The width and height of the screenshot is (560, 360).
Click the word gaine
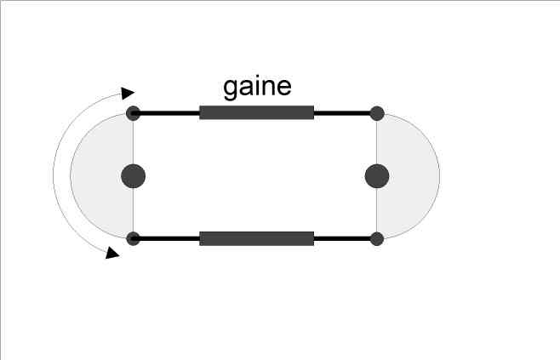pyautogui.click(x=257, y=88)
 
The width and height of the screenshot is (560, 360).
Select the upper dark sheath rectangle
pyautogui.click(x=256, y=112)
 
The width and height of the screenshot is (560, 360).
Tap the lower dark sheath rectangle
pyautogui.click(x=256, y=238)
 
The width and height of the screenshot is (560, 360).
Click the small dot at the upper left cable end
pyautogui.click(x=133, y=112)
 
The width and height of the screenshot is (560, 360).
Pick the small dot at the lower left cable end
pyautogui.click(x=133, y=238)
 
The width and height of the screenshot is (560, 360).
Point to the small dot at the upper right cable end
pyautogui.click(x=377, y=112)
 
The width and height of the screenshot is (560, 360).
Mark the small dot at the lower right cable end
pyautogui.click(x=377, y=238)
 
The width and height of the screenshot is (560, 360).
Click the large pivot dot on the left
pyautogui.click(x=133, y=176)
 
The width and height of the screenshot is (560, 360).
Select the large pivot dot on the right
pyautogui.click(x=377, y=176)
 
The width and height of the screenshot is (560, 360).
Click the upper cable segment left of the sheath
pyautogui.click(x=167, y=112)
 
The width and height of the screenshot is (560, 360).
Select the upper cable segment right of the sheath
pyautogui.click(x=345, y=112)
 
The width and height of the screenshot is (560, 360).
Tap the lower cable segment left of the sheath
pyautogui.click(x=167, y=238)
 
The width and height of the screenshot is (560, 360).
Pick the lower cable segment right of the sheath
pyautogui.click(x=345, y=238)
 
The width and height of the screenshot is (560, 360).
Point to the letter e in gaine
pyautogui.click(x=284, y=88)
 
